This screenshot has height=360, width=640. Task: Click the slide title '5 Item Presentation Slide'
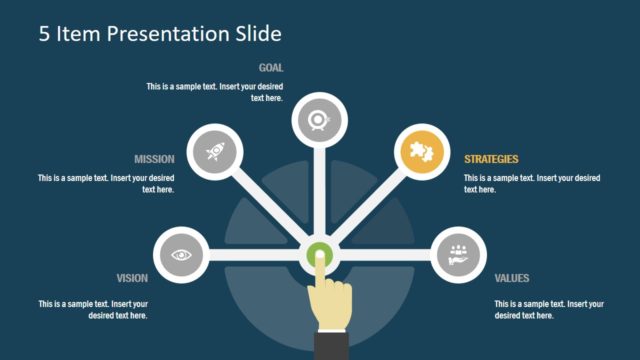tap(160, 33)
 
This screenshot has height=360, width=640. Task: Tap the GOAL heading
tap(271, 68)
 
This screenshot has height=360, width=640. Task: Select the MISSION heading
tap(154, 159)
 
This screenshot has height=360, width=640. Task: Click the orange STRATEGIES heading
tap(491, 159)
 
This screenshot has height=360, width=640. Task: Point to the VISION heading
tap(132, 279)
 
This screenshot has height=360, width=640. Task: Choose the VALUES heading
tap(512, 279)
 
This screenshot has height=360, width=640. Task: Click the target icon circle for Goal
tap(319, 120)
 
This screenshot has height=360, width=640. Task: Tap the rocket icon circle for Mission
tap(216, 152)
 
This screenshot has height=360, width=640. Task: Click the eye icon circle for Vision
tap(182, 255)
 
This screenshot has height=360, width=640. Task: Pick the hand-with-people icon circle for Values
tap(460, 255)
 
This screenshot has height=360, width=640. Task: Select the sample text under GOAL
tap(215, 93)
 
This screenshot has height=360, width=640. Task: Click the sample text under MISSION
tap(107, 184)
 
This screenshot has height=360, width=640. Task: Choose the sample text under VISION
tap(93, 309)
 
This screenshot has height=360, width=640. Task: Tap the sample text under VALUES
tap(549, 309)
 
